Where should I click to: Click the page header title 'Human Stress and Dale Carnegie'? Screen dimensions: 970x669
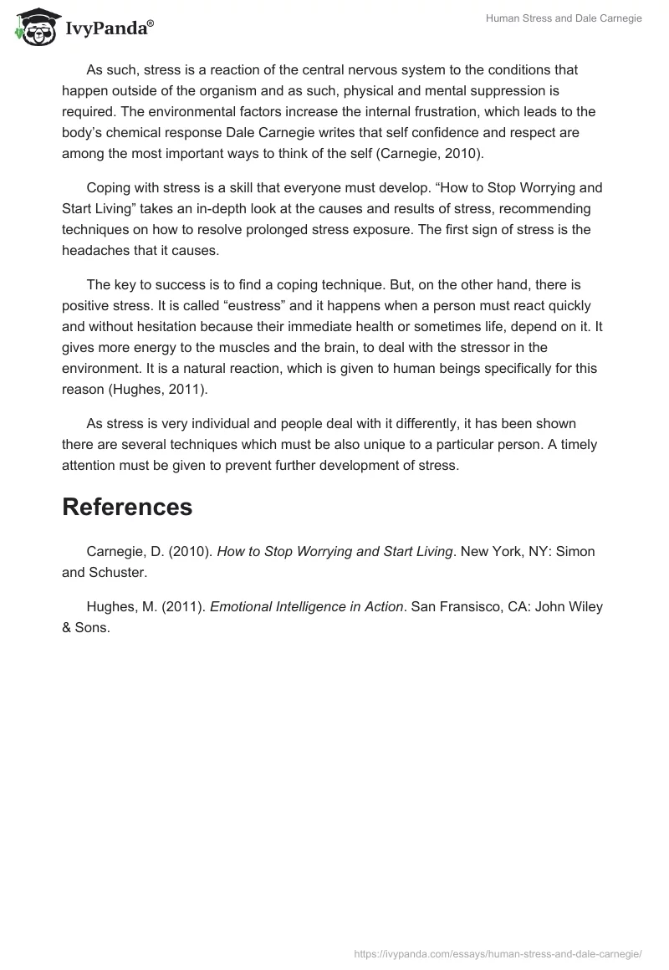pos(564,18)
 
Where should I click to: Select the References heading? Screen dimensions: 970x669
pos(127,507)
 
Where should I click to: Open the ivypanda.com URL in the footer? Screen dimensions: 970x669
pos(497,952)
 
